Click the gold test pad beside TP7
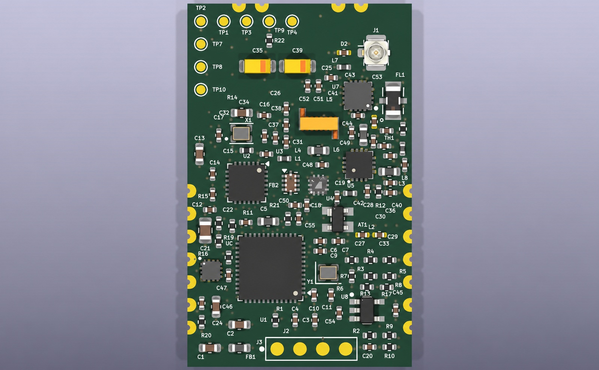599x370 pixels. click(201, 44)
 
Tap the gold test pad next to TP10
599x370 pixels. click(201, 90)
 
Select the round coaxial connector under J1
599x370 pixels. click(376, 53)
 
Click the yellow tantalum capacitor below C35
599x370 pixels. click(257, 66)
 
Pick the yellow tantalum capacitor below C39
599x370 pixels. click(297, 66)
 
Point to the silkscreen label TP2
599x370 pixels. click(201, 8)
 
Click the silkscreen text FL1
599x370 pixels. click(400, 75)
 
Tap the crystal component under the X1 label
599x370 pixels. click(241, 134)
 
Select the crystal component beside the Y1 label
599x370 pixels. click(328, 272)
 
